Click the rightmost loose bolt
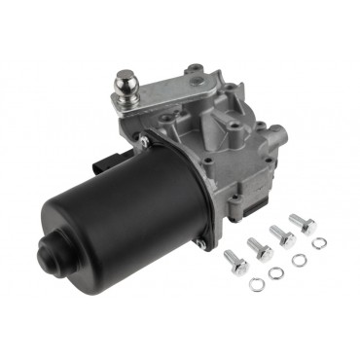pyautogui.click(x=305, y=224)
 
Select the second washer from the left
pyautogui.click(x=277, y=271)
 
